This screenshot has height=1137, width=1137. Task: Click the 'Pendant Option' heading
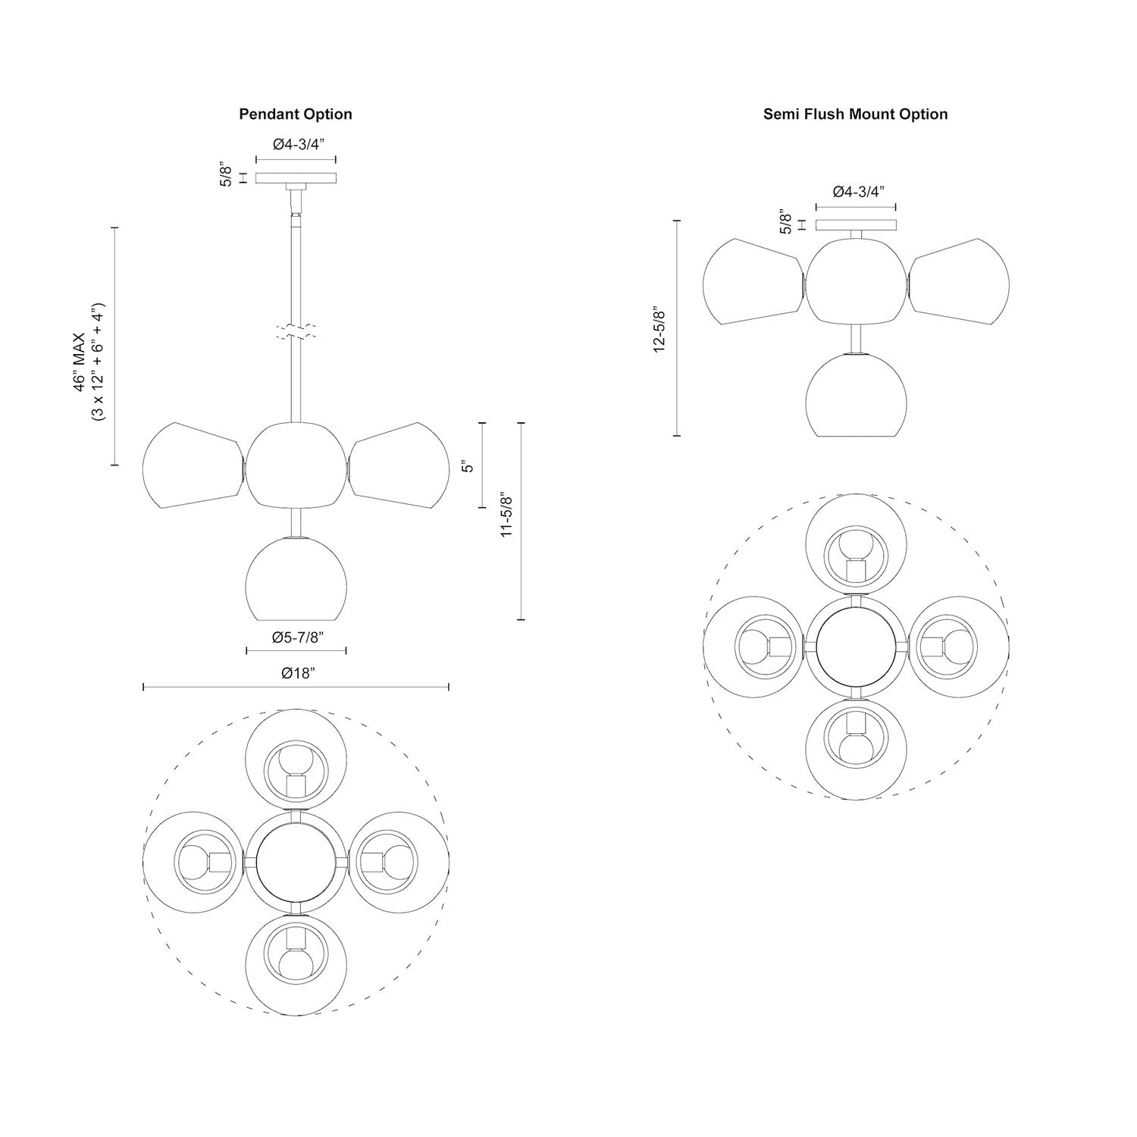tap(296, 114)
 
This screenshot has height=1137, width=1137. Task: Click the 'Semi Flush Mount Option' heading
tap(855, 114)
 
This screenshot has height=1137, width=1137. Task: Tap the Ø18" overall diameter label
tap(296, 673)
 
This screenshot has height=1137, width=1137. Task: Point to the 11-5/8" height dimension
tap(507, 515)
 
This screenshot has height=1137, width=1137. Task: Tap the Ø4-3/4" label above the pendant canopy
tap(296, 144)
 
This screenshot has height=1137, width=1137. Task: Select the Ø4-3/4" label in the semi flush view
tap(855, 192)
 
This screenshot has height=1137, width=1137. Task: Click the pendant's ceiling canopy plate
tap(296, 178)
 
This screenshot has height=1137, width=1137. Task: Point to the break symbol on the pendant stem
tap(296, 331)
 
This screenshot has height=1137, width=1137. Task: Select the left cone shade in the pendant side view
tap(192, 465)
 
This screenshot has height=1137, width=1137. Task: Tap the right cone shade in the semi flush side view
tap(960, 282)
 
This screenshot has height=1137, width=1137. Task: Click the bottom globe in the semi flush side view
tap(856, 394)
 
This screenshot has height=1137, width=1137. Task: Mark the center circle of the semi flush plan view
tap(855, 647)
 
